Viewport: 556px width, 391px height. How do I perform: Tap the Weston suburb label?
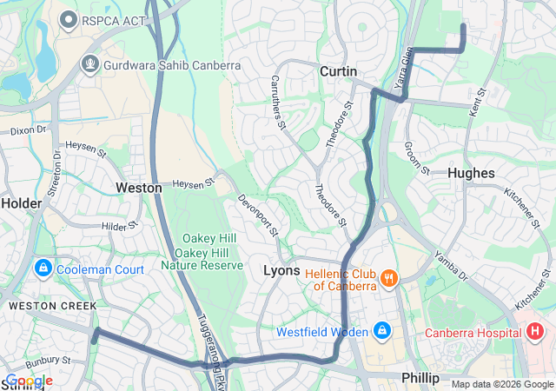pyautogui.click(x=139, y=188)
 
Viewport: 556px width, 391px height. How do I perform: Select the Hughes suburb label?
pyautogui.click(x=471, y=173)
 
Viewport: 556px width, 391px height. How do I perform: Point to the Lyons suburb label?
pyautogui.click(x=281, y=271)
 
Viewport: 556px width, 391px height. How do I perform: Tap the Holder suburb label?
pyautogui.click(x=21, y=202)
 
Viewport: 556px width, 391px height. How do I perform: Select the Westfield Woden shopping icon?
pyautogui.click(x=381, y=332)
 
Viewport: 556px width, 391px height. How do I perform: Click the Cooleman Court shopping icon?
pyautogui.click(x=43, y=269)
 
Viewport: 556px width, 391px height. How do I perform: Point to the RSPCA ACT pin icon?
pyautogui.click(x=67, y=18)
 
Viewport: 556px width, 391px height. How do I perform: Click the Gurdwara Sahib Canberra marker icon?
pyautogui.click(x=89, y=64)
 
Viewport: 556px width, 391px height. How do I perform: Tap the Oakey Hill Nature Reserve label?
pyautogui.click(x=202, y=252)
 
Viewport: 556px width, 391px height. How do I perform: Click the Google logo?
pyautogui.click(x=30, y=381)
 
